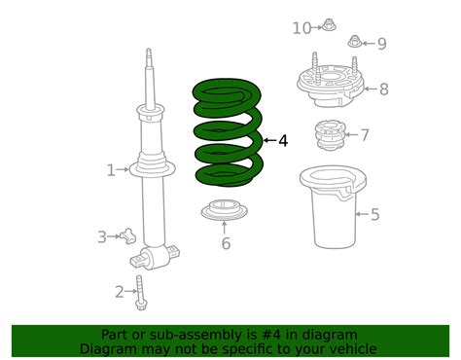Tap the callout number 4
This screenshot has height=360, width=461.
[283, 141]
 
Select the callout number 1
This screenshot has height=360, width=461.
[111, 171]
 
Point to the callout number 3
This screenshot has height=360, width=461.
[101, 236]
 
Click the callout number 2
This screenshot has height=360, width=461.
[120, 291]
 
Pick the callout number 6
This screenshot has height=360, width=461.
[226, 243]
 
